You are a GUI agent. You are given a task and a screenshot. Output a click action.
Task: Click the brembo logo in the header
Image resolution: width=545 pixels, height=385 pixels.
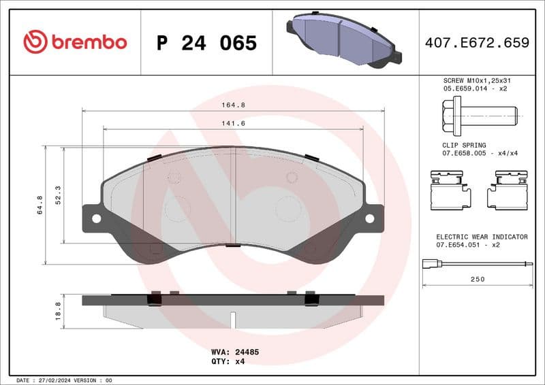[x=75, y=42]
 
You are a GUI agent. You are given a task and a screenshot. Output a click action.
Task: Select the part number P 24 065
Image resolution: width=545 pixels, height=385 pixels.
[x=206, y=43]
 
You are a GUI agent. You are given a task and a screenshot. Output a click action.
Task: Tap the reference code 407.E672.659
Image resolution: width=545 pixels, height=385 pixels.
[x=477, y=43]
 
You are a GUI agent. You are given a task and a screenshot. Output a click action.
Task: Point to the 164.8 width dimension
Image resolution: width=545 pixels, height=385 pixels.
[x=234, y=105]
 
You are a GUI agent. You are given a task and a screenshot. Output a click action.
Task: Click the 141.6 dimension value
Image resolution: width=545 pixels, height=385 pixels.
[x=234, y=123]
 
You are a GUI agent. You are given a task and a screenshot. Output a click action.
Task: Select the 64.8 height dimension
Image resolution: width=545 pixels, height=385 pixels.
[x=40, y=205]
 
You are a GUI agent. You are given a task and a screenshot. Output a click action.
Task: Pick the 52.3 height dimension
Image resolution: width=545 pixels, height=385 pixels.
[x=58, y=195]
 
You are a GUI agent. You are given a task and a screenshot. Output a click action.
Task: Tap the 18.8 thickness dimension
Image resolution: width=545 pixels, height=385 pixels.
[x=58, y=310]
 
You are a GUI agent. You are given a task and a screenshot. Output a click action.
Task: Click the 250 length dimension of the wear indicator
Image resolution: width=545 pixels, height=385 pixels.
[x=478, y=280]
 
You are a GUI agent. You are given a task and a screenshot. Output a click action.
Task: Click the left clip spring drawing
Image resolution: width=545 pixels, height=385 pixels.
[x=450, y=190]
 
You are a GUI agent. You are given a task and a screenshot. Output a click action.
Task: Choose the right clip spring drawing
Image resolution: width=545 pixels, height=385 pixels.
[x=508, y=190]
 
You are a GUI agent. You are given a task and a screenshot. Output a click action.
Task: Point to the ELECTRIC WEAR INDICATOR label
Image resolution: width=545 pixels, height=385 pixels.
[x=482, y=237]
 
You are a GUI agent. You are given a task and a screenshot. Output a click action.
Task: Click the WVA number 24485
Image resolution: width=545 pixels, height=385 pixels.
[x=246, y=352]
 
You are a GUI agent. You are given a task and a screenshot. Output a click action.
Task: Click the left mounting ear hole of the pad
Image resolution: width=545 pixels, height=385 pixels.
[x=96, y=218]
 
